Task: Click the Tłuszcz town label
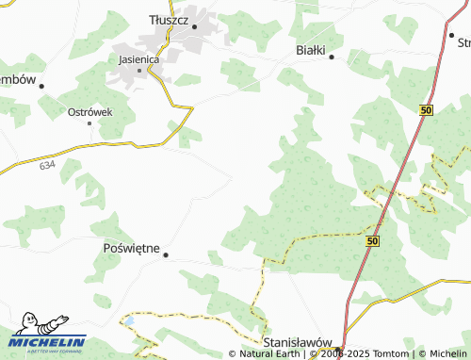coord(171,18)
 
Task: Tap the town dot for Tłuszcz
coord(195,26)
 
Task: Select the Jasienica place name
coord(139,58)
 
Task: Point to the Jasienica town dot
coord(140,70)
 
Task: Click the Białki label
coord(310,49)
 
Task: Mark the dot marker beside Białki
coord(333,57)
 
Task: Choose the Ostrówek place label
coord(90,111)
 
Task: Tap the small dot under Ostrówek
coord(90,123)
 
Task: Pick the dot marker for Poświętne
coord(166,254)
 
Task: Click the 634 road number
coord(48,164)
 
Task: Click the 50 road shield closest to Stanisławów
coord(372,242)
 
